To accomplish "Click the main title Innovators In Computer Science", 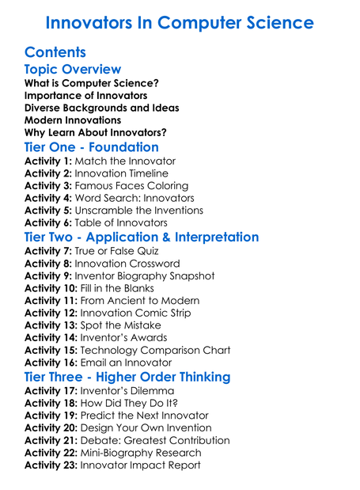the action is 180,22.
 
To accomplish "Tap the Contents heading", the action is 55,53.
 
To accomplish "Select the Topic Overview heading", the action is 73,70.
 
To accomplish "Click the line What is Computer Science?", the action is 92,83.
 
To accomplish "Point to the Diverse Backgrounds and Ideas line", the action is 102,108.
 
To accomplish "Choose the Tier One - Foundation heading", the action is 92,147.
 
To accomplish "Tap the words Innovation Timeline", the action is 122,173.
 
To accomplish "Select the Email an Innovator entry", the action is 127,363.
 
